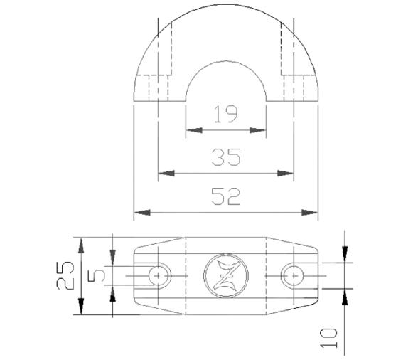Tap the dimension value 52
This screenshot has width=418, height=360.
tap(225, 196)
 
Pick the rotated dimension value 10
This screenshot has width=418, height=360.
tap(329, 334)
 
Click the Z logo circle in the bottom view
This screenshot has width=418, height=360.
tap(225, 275)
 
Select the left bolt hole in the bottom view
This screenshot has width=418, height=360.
tap(159, 275)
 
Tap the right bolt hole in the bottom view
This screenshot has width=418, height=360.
tap(291, 275)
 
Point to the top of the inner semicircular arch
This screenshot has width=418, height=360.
tap(225, 60)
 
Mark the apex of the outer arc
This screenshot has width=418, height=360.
tap(225, 9)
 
